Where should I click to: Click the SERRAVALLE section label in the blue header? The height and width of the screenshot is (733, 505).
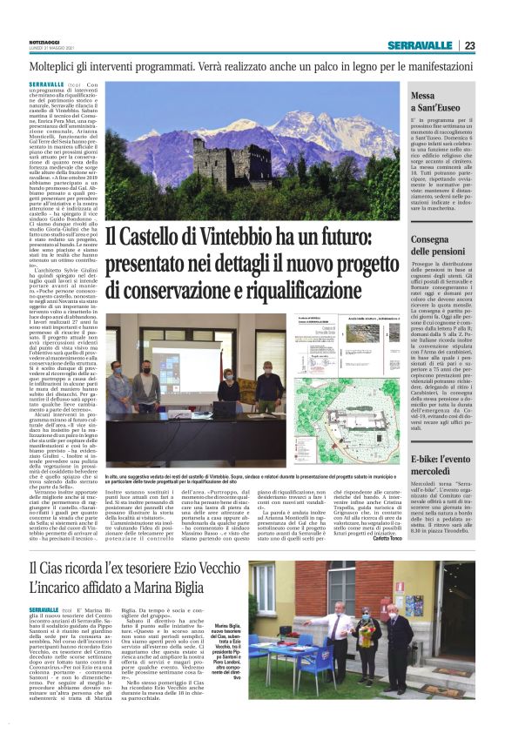(424, 45)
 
